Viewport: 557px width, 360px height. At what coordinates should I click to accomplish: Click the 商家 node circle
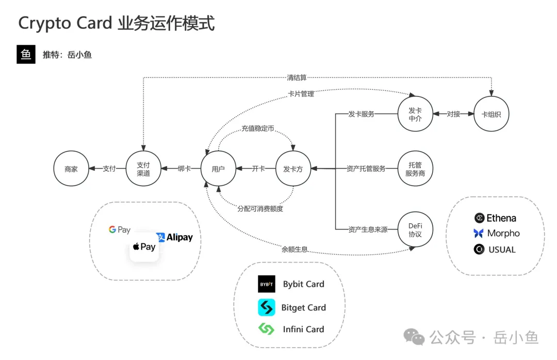[x=71, y=169]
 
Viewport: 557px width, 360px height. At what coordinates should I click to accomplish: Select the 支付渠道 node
[x=143, y=169]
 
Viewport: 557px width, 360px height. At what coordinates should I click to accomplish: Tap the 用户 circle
[x=218, y=169]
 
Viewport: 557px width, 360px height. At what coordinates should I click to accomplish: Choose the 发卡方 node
[x=293, y=169]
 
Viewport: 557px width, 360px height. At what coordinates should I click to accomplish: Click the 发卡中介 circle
[x=415, y=114]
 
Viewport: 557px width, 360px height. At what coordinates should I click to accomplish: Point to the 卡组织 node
[x=491, y=114]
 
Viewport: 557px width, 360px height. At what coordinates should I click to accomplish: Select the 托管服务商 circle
[x=415, y=169]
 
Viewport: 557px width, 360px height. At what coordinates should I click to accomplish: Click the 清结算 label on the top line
[x=297, y=77]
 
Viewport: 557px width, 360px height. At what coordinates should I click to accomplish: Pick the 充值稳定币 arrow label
[x=257, y=128]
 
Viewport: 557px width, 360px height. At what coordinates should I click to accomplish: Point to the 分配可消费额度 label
[x=260, y=209]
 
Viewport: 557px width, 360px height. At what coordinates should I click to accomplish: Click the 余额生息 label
[x=294, y=249]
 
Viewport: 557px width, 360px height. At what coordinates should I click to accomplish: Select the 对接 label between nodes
[x=453, y=114]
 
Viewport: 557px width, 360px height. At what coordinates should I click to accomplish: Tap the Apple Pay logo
[x=144, y=247]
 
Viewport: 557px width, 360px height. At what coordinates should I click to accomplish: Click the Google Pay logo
[x=120, y=230]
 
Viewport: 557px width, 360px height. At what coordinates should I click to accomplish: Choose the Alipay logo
[x=174, y=237]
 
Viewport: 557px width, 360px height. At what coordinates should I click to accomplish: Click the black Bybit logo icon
[x=267, y=284]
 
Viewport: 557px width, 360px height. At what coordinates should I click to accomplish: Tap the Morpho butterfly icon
[x=479, y=233]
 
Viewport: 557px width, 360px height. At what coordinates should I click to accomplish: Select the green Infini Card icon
[x=267, y=329]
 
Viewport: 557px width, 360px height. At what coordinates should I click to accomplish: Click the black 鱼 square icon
[x=26, y=54]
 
